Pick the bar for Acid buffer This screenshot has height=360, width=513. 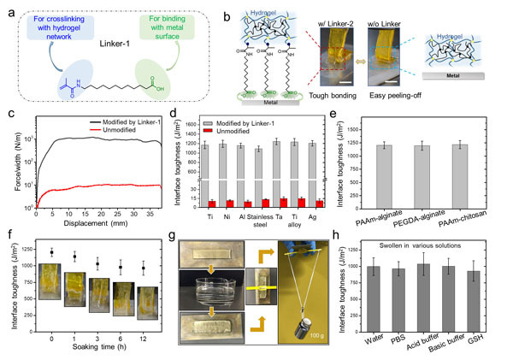446,299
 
